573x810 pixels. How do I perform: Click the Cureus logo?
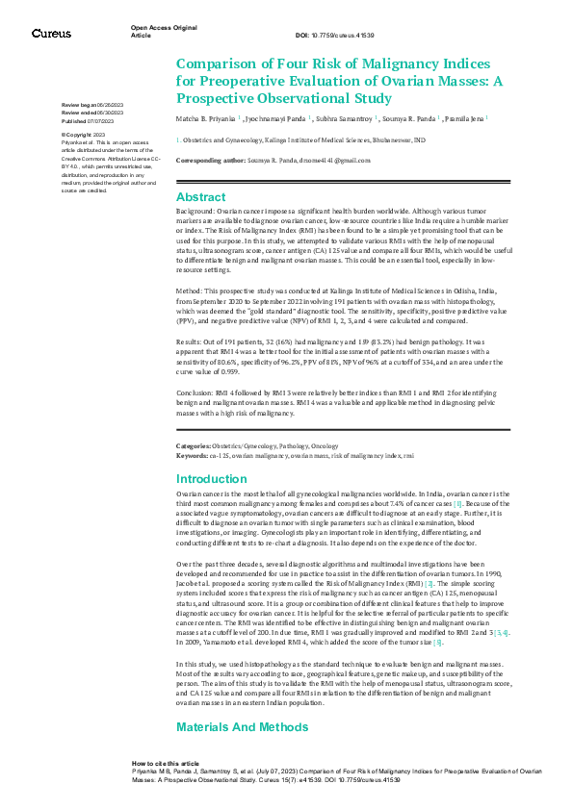(x=50, y=34)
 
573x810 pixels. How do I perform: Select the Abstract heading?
(x=200, y=197)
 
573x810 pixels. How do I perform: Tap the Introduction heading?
(x=212, y=478)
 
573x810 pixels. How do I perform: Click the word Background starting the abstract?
(x=195, y=210)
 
